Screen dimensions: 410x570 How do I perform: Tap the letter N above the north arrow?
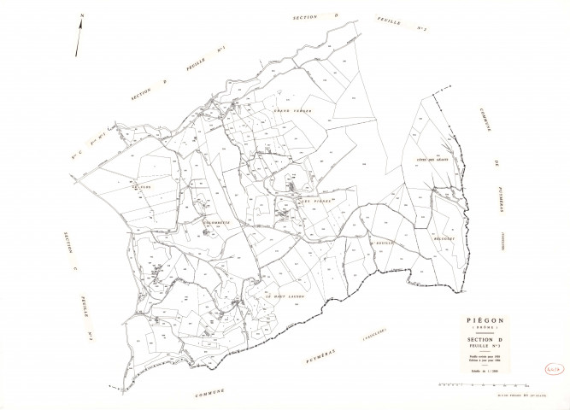81,15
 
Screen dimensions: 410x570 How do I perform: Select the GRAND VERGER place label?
289,111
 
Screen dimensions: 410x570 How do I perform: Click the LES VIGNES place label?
314,201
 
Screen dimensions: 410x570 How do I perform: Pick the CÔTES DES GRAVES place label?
431,160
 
